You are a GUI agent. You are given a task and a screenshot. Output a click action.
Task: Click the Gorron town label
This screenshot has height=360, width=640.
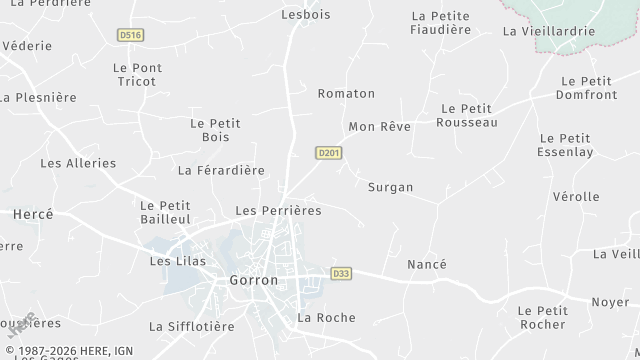[x=254, y=281]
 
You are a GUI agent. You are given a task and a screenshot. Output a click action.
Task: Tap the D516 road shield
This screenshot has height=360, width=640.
[x=130, y=35]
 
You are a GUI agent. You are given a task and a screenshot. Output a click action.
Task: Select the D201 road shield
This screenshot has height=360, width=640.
[x=329, y=153]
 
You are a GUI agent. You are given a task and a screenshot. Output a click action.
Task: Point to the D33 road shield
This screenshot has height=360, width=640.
[x=342, y=273]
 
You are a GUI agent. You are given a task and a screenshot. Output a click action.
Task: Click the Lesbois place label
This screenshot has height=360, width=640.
[x=305, y=15]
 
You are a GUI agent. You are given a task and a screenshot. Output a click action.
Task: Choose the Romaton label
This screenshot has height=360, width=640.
[x=346, y=94]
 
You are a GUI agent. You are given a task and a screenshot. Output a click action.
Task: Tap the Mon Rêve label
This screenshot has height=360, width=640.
[x=379, y=127]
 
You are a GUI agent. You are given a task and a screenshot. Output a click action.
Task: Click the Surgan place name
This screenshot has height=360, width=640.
[x=390, y=187]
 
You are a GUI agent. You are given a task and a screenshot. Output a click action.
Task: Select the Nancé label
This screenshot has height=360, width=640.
[x=427, y=264]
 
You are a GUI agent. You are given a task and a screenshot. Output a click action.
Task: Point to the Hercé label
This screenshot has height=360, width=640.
[x=32, y=214]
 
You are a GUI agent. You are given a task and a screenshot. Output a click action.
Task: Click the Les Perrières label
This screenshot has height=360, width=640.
[x=278, y=211]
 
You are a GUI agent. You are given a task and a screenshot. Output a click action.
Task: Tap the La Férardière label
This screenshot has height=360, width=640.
[x=221, y=170]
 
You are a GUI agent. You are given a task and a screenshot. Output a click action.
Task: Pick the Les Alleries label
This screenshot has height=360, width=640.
[x=78, y=163]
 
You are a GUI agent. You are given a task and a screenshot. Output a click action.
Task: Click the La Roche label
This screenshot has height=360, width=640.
[x=326, y=318]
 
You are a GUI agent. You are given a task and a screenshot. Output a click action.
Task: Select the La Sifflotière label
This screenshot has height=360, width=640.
[x=191, y=326]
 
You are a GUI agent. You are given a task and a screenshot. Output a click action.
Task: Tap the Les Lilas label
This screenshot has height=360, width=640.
[x=177, y=261]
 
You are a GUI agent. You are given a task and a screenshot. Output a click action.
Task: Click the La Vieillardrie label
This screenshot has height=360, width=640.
[x=549, y=31]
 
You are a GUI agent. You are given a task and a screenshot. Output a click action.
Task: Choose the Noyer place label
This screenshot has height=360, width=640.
[x=610, y=302]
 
